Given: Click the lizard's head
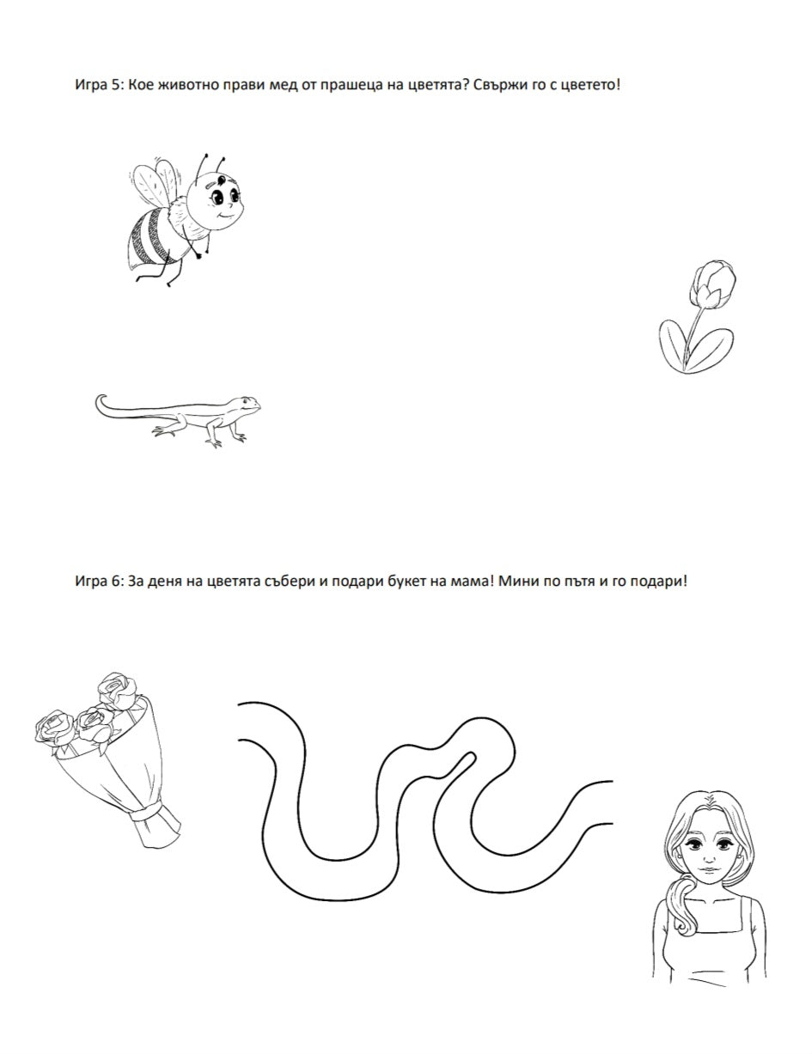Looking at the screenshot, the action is [245, 404].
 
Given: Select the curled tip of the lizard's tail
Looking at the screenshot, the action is [100, 402].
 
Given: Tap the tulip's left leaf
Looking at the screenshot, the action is [674, 345].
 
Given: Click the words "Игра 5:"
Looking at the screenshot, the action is [101, 85].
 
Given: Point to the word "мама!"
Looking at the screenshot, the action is [472, 582].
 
